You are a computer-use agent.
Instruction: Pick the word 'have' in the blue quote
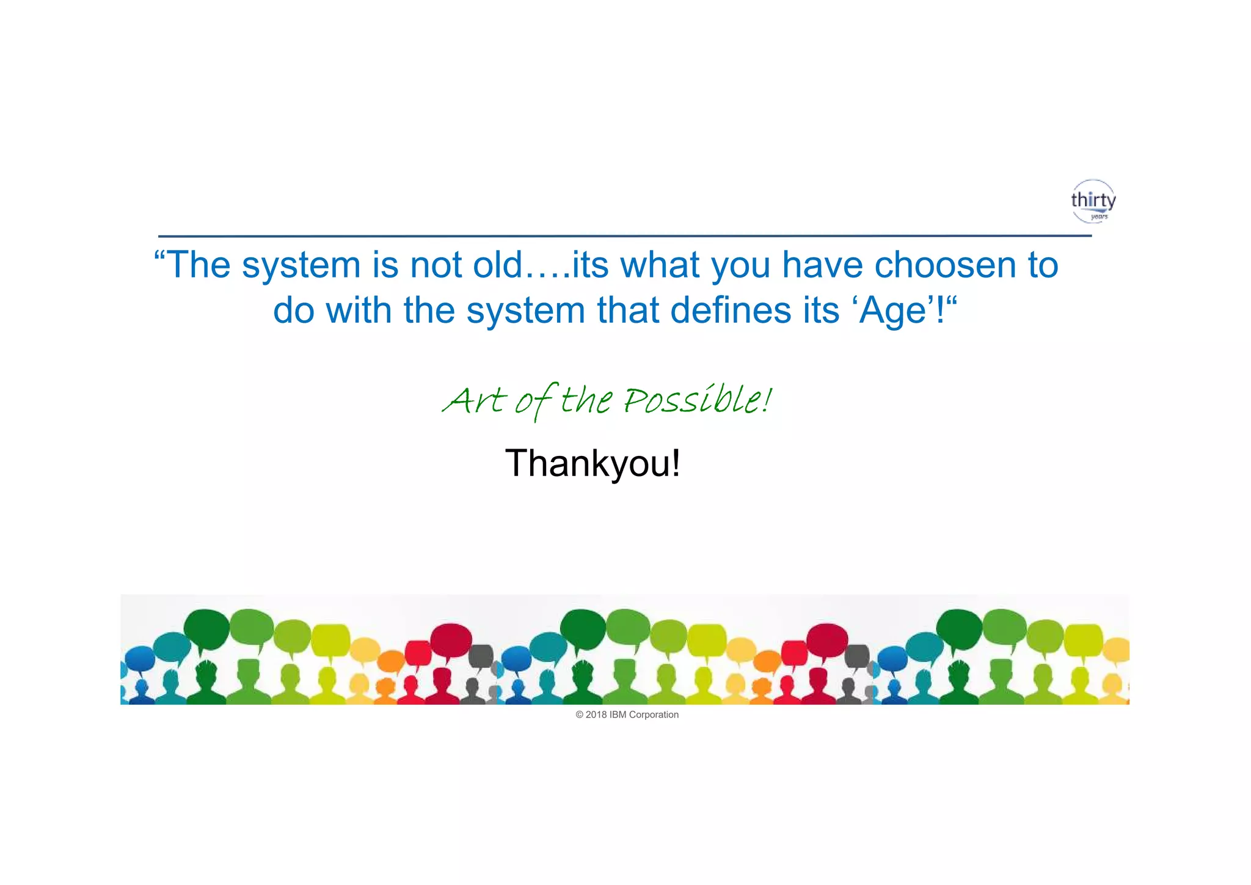pos(822,265)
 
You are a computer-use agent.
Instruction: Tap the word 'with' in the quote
pos(359,310)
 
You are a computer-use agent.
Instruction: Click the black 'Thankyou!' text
pos(593,463)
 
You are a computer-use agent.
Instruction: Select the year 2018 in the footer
pos(596,714)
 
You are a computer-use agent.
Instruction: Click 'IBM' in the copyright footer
pos(618,714)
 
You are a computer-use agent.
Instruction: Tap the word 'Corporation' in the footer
pos(654,714)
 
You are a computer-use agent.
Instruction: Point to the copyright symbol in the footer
pos(580,714)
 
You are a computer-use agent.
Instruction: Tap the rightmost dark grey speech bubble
pos(857,656)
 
